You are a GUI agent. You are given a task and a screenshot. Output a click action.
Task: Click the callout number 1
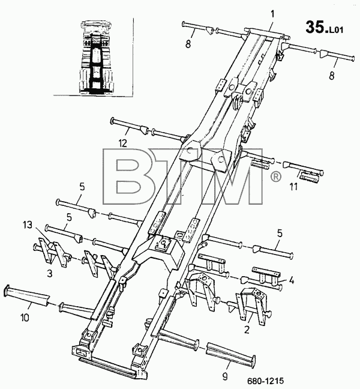(273, 14)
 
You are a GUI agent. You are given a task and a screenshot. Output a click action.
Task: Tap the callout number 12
(123, 143)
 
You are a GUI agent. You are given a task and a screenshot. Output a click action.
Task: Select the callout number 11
(293, 187)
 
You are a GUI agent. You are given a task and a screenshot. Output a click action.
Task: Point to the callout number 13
(28, 225)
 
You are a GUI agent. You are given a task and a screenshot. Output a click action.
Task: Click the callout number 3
(50, 274)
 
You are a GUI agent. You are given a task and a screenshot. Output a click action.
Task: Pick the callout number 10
(25, 318)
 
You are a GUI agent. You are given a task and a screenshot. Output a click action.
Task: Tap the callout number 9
(225, 377)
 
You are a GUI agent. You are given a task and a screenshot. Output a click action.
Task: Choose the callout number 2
(247, 330)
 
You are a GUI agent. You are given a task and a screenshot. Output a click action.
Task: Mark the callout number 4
(292, 280)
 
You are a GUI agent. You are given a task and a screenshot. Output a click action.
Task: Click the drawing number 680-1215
(265, 381)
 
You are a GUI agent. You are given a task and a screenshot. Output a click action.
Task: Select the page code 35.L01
(324, 27)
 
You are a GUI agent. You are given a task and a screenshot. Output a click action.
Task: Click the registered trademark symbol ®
(275, 176)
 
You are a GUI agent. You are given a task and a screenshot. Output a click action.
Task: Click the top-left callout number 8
(188, 44)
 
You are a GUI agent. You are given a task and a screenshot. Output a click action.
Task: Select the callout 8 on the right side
(332, 76)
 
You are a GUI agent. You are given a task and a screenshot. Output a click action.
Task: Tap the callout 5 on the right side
(280, 234)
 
